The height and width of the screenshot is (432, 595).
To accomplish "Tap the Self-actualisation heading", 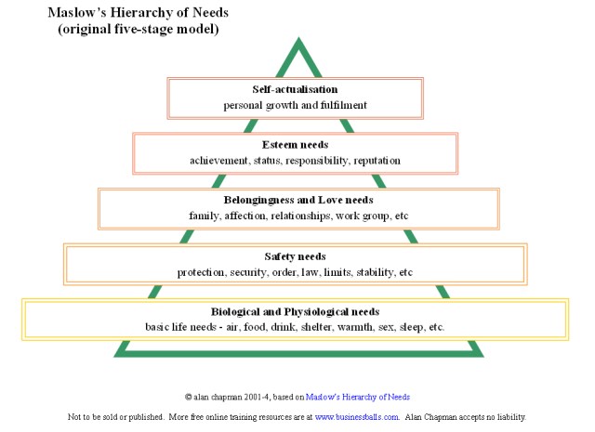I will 295,89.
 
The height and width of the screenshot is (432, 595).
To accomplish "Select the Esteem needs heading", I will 295,145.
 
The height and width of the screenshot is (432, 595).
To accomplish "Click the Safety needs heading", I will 295,256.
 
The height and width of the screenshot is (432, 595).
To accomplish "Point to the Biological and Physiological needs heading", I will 295,311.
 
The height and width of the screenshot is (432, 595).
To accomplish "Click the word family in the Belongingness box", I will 202,216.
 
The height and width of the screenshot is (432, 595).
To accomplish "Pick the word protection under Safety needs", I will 203,272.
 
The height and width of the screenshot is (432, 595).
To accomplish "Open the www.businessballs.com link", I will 356,417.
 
